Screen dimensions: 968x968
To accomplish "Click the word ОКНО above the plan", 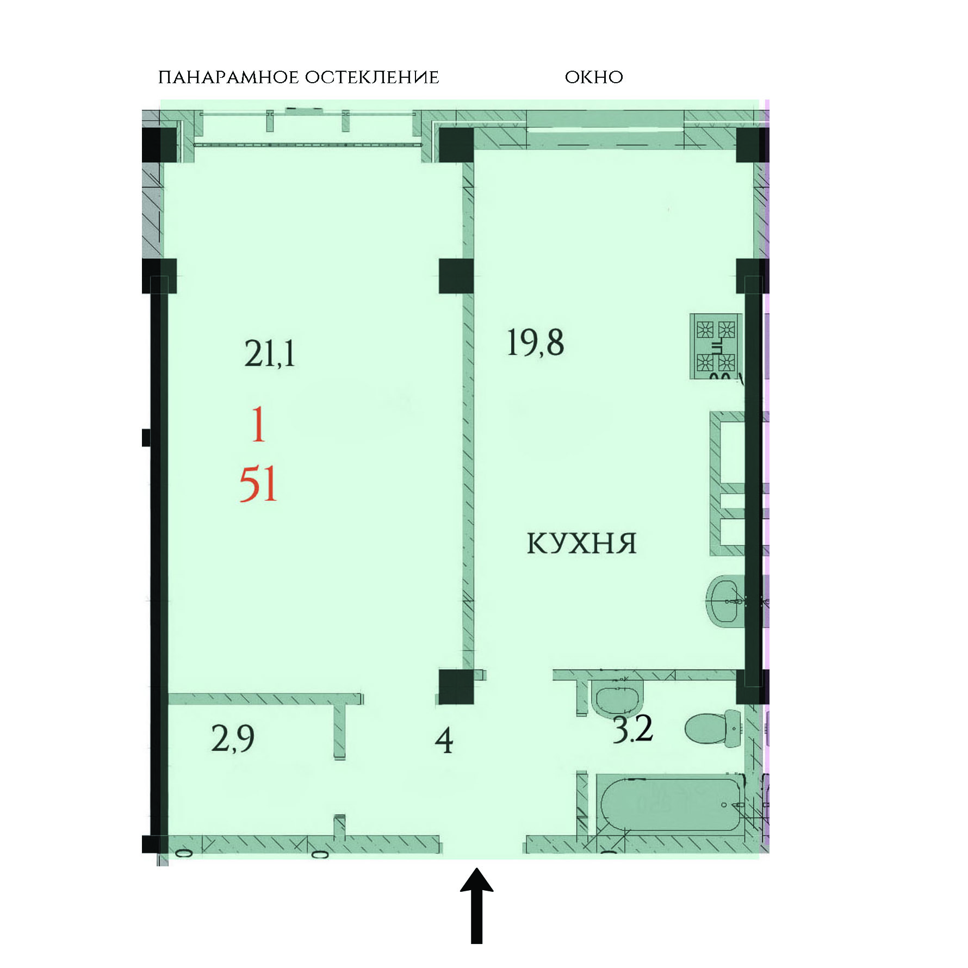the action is [x=594, y=77].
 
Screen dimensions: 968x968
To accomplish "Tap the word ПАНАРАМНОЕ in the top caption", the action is [x=228, y=77].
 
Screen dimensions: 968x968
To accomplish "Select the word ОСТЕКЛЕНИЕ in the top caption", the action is [x=372, y=77].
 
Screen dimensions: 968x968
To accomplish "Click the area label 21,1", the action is [x=270, y=354].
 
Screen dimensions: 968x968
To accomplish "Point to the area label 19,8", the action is [x=535, y=343].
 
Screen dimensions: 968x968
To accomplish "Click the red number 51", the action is [x=258, y=484].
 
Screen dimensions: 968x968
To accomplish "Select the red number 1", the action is [x=258, y=425].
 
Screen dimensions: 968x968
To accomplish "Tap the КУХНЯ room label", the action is [x=581, y=543].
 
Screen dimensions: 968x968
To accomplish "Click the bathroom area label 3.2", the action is [x=632, y=729].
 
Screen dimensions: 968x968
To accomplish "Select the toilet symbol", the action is [x=713, y=727].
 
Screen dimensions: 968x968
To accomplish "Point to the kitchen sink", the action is [x=726, y=601].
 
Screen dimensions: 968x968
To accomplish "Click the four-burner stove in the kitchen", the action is [x=716, y=346].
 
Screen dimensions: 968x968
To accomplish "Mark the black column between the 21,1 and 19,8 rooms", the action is [x=456, y=276].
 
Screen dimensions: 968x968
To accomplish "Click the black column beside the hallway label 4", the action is [x=456, y=687].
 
